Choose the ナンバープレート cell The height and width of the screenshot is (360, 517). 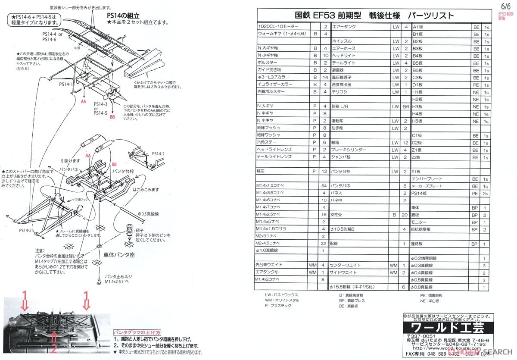427,179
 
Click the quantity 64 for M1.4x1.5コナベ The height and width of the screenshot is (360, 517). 323,186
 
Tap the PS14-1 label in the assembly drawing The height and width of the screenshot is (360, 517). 66,85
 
